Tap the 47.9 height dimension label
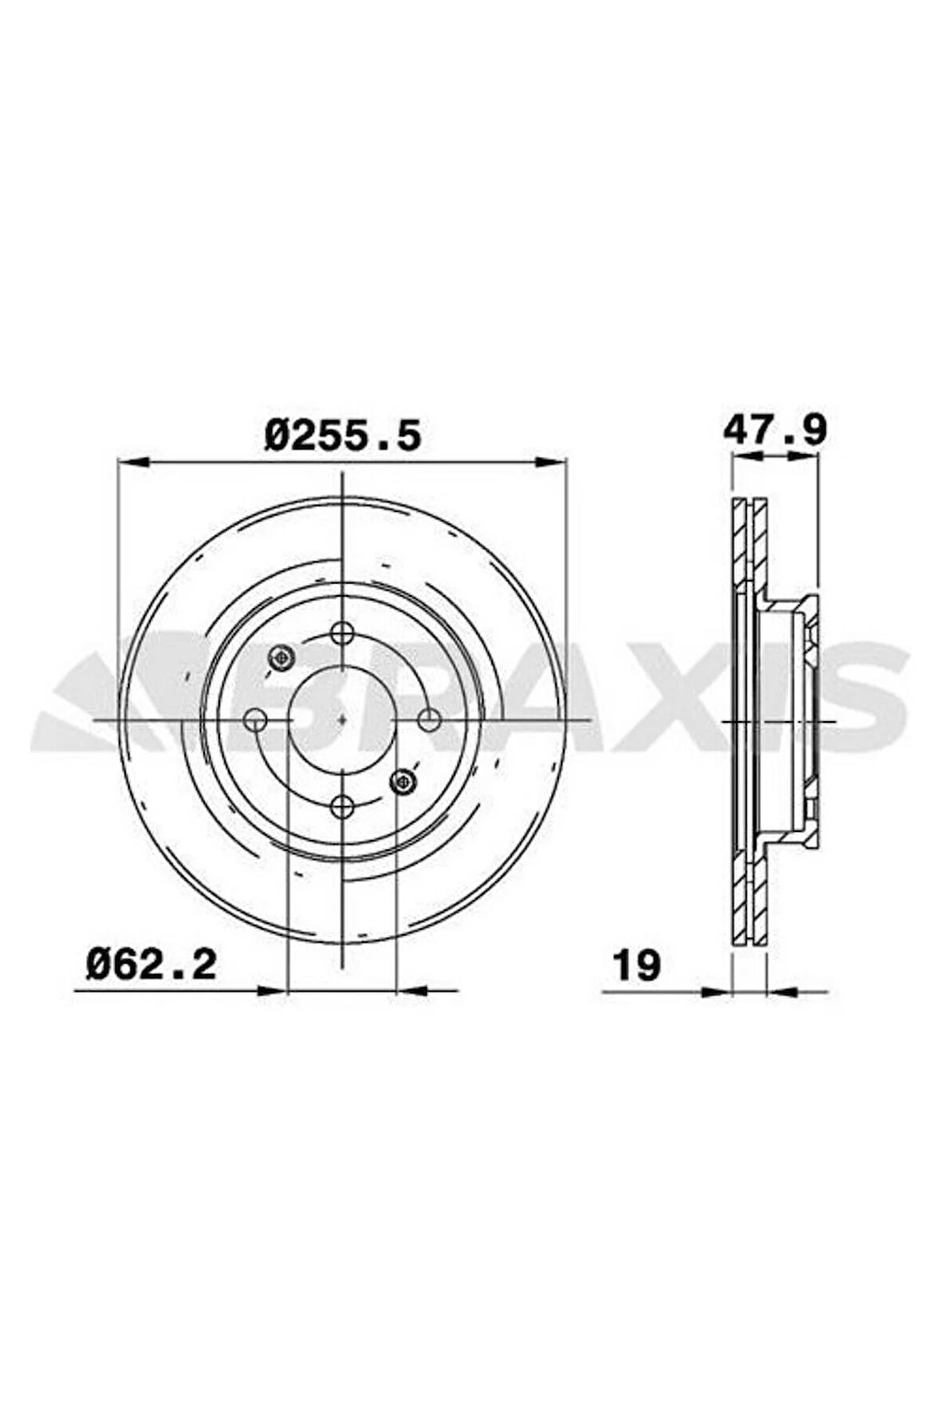(775, 430)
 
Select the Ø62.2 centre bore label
(152, 964)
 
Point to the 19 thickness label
(637, 966)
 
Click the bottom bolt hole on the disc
(342, 807)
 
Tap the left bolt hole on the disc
(256, 720)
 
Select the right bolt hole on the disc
(429, 720)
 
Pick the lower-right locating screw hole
(404, 782)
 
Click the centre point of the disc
(342, 720)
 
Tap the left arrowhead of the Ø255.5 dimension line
(132, 461)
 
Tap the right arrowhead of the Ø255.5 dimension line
(552, 461)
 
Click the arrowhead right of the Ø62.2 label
(271, 991)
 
